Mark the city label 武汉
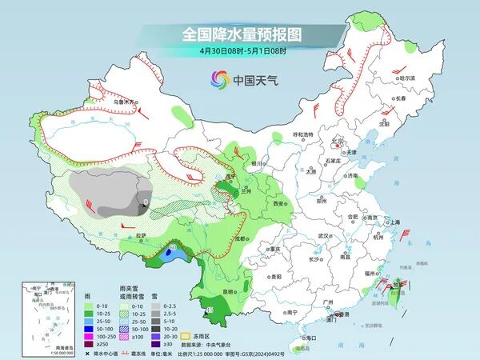point(324,236)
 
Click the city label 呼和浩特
point(303,134)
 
